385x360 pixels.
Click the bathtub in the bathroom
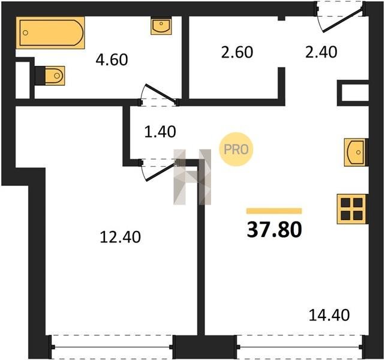tap(50, 32)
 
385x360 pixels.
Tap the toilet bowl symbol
tap(55, 76)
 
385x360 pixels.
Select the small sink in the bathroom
tap(161, 26)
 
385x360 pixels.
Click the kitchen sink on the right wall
tap(355, 152)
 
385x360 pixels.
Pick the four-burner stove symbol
tap(351, 209)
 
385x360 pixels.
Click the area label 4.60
tap(112, 60)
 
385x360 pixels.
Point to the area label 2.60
tap(237, 52)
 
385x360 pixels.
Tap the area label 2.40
tap(321, 52)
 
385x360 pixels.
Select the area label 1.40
tap(160, 131)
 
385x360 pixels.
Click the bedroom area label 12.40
tap(121, 238)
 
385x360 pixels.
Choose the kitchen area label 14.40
tap(329, 315)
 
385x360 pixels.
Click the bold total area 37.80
tap(274, 230)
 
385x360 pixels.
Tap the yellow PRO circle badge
tap(236, 149)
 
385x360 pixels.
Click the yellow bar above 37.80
tap(274, 211)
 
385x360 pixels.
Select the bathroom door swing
tap(158, 95)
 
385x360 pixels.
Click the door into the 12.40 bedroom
tap(160, 170)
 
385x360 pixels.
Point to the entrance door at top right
tap(340, 17)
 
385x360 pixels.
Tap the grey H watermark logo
tap(192, 177)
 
